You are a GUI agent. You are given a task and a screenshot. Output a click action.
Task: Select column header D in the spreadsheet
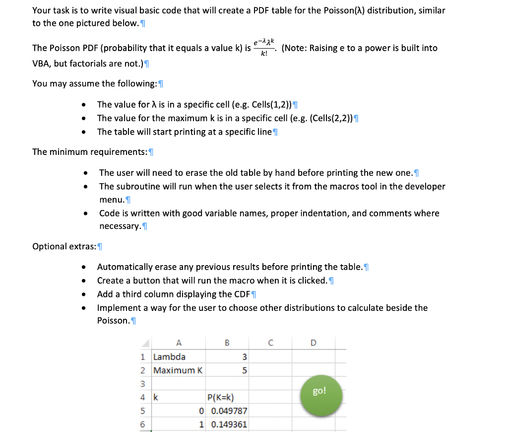313,343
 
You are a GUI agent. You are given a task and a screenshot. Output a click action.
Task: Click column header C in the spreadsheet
270,343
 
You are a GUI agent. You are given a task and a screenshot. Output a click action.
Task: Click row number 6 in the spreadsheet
143,424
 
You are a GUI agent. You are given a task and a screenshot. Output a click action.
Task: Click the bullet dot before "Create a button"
86,281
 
